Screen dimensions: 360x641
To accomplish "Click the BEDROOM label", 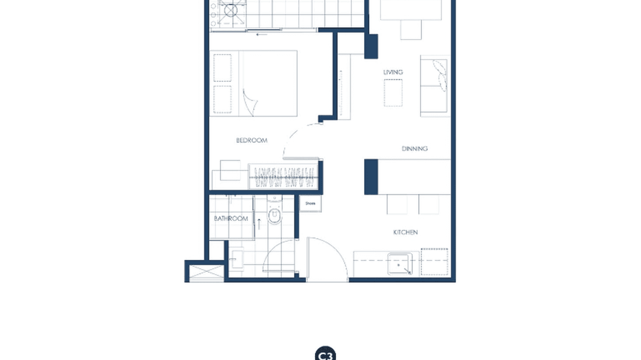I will pyautogui.click(x=251, y=140).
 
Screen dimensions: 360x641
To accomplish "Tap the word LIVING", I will pyautogui.click(x=393, y=72).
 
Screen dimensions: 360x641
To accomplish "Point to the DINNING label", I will pyautogui.click(x=415, y=148).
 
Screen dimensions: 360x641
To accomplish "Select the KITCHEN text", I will pyautogui.click(x=406, y=232).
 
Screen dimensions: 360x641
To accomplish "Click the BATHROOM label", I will pyautogui.click(x=231, y=219).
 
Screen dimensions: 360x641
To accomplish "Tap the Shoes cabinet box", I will pyautogui.click(x=310, y=203).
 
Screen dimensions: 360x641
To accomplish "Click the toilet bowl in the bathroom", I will pyautogui.click(x=275, y=216).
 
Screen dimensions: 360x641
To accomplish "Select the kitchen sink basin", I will pyautogui.click(x=400, y=264).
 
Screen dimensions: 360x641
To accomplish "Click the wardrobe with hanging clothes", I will pyautogui.click(x=283, y=177).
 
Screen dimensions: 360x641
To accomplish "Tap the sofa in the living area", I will pyautogui.click(x=435, y=86).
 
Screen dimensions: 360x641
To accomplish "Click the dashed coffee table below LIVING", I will pyautogui.click(x=393, y=93).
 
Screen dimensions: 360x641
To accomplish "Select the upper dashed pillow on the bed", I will pyautogui.click(x=222, y=68).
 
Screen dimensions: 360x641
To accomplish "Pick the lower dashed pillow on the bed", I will pyautogui.click(x=222, y=99).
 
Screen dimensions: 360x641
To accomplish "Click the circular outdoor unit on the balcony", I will pyautogui.click(x=231, y=10).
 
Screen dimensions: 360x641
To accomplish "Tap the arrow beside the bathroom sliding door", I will pyautogui.click(x=258, y=223).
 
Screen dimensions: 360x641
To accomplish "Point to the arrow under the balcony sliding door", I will pyautogui.click(x=262, y=34).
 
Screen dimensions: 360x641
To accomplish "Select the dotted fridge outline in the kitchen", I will pyautogui.click(x=434, y=262).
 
